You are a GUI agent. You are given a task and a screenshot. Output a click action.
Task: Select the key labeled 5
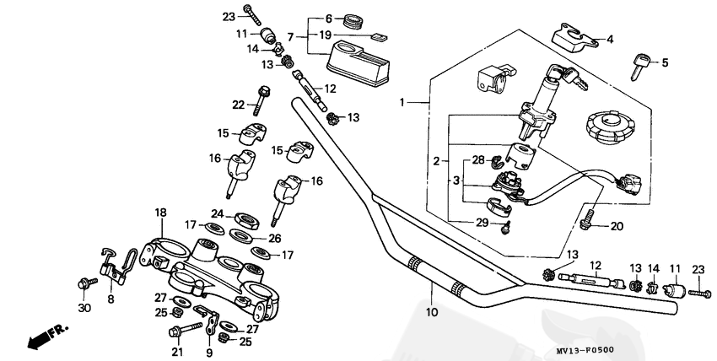pyautogui.click(x=639, y=64)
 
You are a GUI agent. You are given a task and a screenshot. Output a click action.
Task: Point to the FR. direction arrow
pyautogui.click(x=47, y=337)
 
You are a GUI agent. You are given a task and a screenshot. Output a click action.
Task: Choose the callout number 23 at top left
pyautogui.click(x=229, y=16)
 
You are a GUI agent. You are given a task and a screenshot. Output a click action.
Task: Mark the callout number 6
pyautogui.click(x=329, y=17)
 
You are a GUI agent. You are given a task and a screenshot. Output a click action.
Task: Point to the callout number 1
pyautogui.click(x=403, y=102)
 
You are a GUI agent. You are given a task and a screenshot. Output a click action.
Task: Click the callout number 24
pyautogui.click(x=217, y=213)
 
